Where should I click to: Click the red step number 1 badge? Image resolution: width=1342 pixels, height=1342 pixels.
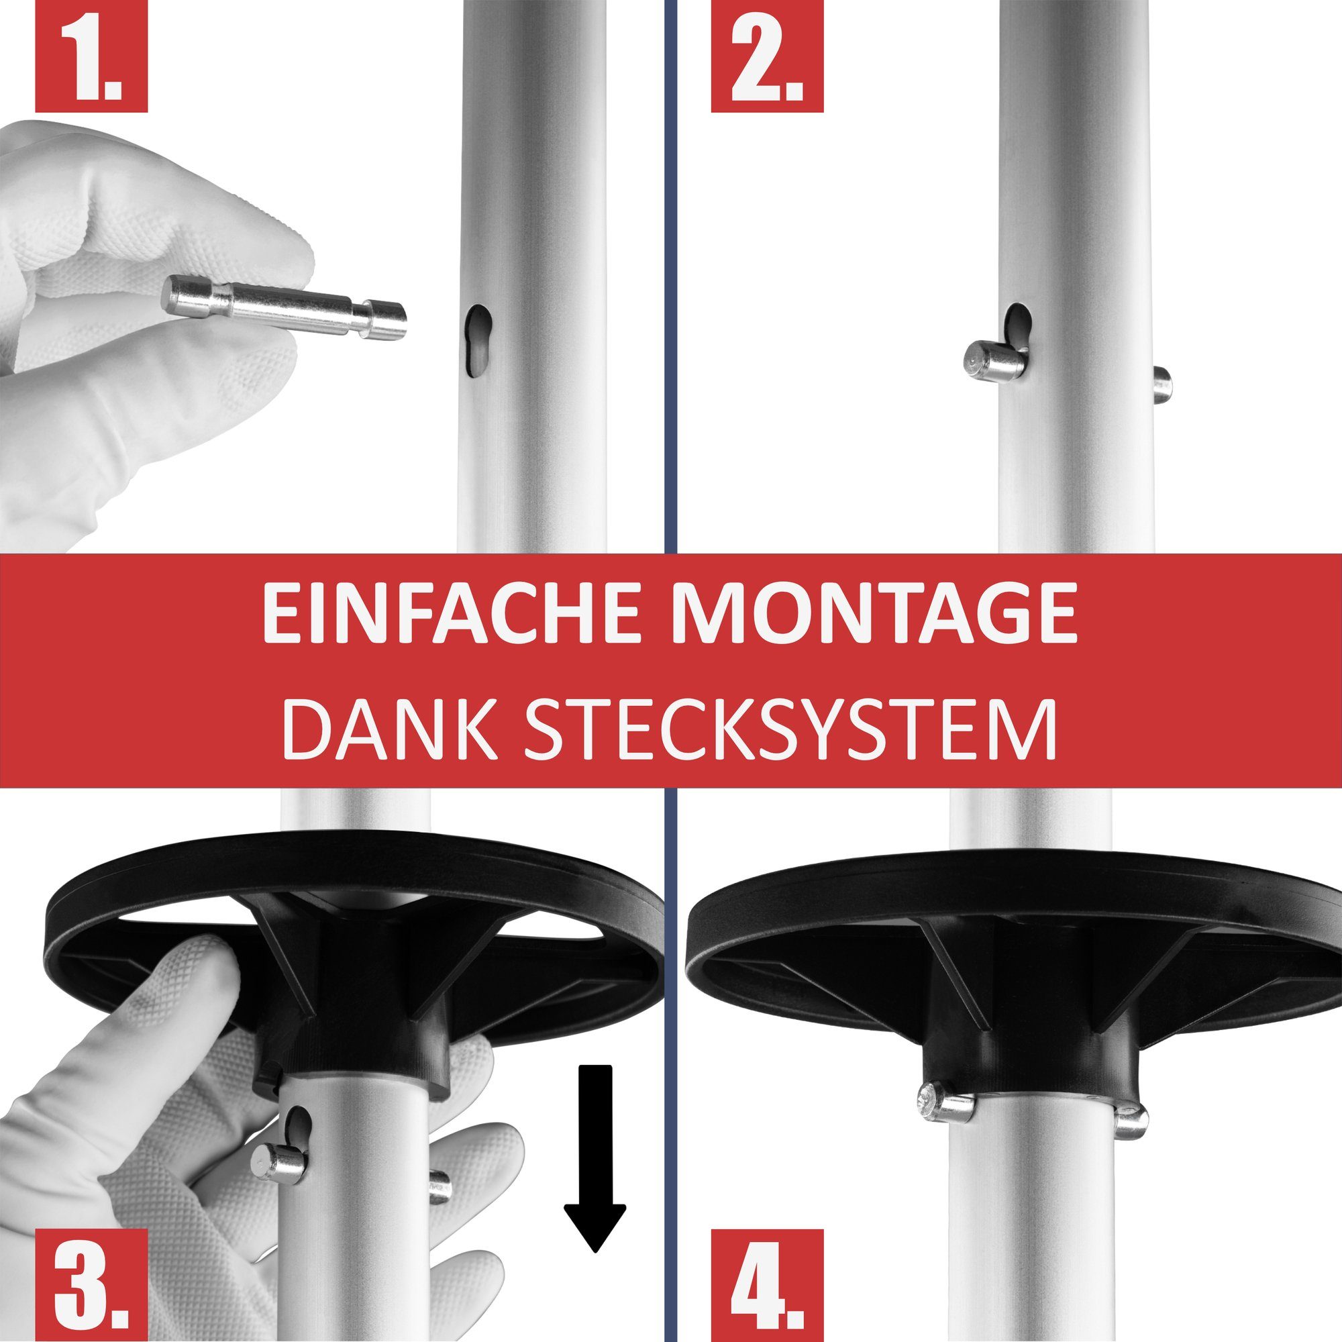91,56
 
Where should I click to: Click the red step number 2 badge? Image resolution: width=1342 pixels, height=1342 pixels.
767,56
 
